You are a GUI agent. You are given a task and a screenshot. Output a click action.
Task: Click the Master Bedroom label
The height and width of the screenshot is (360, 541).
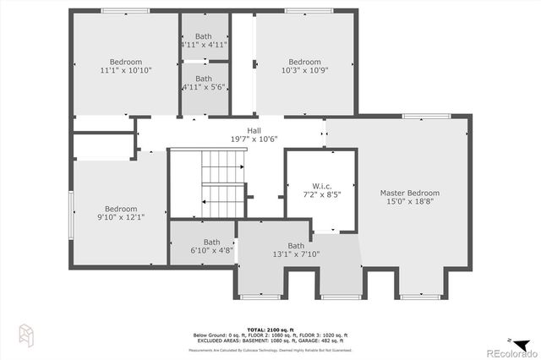409,193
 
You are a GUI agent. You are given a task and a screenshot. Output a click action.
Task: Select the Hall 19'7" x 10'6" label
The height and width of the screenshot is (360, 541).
254,130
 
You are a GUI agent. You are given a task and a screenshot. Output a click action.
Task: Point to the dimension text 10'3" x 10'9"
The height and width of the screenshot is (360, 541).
304,71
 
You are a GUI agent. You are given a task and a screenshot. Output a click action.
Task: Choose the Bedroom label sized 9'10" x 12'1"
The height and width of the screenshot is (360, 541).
121,209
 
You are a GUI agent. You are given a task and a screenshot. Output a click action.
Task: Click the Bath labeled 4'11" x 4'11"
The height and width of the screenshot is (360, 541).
204,36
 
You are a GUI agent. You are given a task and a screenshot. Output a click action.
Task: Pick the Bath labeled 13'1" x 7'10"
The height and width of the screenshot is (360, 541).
295,246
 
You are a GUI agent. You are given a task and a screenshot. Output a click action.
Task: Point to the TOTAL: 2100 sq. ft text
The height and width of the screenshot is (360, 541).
270,328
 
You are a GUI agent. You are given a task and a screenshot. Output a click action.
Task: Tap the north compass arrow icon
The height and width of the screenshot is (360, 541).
521,332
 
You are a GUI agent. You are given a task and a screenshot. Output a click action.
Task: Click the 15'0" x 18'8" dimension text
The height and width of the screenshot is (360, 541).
409,202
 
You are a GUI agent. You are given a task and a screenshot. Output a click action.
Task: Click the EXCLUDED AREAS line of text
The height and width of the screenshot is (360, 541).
270,340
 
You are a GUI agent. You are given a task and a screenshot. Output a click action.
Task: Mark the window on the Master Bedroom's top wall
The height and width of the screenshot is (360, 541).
419,116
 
